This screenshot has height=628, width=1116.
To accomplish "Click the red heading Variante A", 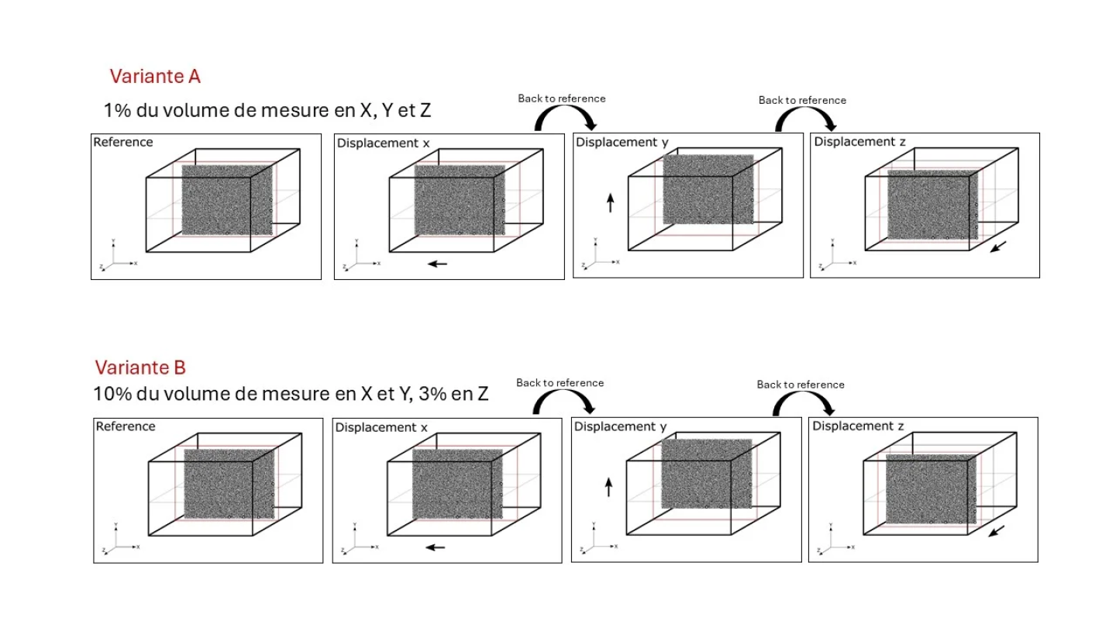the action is pos(155,76).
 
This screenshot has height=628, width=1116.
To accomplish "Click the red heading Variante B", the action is pos(140,367).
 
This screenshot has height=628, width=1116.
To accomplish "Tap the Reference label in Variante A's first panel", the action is pos(123,142).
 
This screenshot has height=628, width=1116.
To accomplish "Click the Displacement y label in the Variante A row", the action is pos(622,142).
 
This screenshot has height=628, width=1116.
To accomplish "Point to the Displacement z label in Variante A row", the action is pos(859,142).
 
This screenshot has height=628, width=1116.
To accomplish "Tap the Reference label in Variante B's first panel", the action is pos(126,426).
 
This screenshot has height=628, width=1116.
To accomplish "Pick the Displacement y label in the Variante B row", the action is pos(620,426).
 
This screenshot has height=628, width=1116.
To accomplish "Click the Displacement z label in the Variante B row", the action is pos(858,426).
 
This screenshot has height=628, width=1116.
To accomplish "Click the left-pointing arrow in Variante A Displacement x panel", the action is pos(438,264).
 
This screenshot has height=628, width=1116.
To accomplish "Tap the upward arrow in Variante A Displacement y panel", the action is pos(611,204).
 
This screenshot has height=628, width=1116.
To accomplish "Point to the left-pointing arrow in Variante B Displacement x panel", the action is pos(436,547).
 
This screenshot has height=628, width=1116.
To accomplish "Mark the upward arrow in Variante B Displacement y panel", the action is pos(609,487).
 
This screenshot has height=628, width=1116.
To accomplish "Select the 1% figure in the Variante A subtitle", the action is pos(118,110).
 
